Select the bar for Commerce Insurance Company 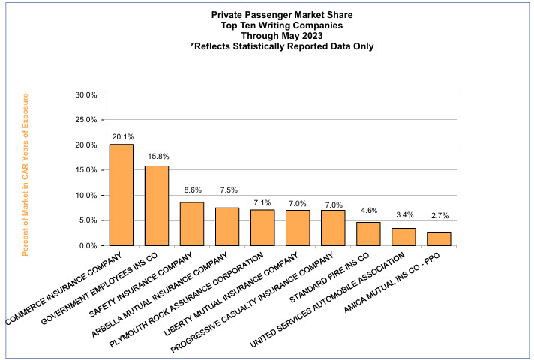tap(121, 195)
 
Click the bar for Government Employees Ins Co tap(157, 205)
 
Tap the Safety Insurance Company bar tap(192, 223)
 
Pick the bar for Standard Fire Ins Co tap(368, 234)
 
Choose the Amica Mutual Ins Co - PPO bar tap(439, 238)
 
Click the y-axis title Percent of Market tap(25, 175)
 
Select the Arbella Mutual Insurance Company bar tap(227, 226)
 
